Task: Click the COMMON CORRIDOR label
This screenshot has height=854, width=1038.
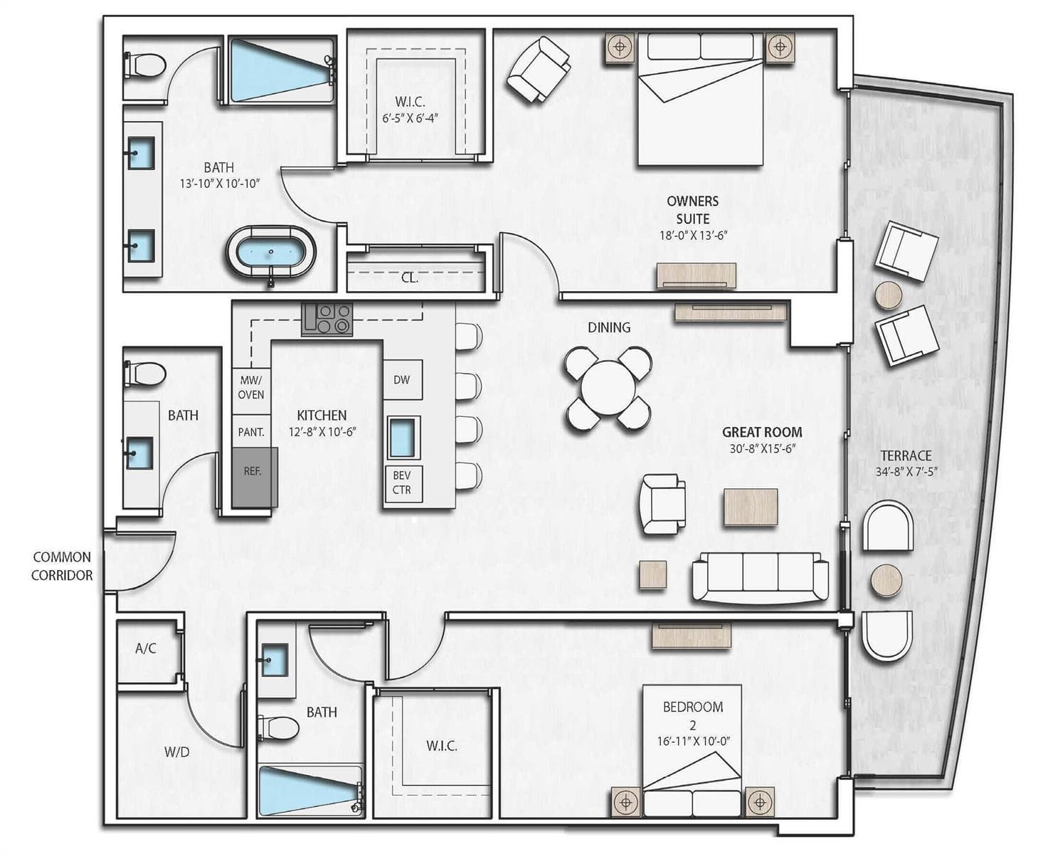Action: point(61,566)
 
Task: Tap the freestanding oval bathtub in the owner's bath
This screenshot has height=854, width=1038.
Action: point(271,254)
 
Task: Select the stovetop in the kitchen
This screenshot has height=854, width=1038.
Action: point(327,319)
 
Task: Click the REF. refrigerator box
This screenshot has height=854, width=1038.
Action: point(255,477)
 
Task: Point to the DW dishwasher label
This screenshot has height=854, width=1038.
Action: point(402,379)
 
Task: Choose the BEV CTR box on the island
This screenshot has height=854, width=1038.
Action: point(403,483)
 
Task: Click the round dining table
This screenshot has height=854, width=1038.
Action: point(608,388)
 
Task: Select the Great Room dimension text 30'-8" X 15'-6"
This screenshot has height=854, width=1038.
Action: point(763,449)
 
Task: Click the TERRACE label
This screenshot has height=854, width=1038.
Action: point(906,455)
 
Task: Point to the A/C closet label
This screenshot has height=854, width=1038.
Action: point(146,648)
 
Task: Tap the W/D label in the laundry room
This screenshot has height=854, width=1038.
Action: point(176,752)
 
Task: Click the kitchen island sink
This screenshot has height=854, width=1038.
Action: point(403,438)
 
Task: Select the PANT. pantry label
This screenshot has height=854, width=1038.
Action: point(251,432)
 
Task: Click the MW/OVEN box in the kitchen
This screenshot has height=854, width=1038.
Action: point(251,387)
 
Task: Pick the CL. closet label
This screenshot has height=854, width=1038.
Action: point(410,278)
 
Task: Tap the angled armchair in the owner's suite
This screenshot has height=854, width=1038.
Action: point(539,70)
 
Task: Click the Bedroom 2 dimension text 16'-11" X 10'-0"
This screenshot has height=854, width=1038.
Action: point(693,741)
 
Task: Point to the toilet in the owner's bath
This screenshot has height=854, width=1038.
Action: point(145,65)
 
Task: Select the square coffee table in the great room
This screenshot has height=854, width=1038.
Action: point(751,507)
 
